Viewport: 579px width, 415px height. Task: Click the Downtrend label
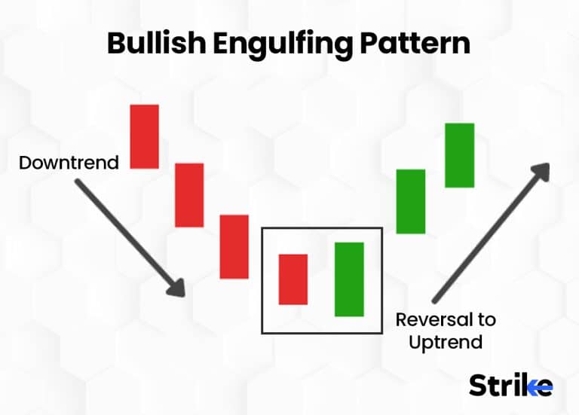pyautogui.click(x=69, y=163)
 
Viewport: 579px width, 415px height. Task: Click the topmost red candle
pyautogui.click(x=144, y=136)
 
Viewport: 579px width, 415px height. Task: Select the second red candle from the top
pyautogui.click(x=189, y=195)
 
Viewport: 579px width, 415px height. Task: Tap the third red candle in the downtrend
pyautogui.click(x=234, y=246)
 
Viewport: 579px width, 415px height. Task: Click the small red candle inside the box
pyautogui.click(x=293, y=279)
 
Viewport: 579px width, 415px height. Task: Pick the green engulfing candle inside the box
pyautogui.click(x=349, y=279)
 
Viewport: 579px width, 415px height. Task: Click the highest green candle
pyautogui.click(x=459, y=155)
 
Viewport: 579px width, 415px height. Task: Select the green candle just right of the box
pyautogui.click(x=411, y=201)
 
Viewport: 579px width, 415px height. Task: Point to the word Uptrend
pyautogui.click(x=446, y=342)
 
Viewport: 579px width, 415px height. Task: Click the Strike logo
pyautogui.click(x=510, y=385)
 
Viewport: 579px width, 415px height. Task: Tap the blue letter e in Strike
pyautogui.click(x=542, y=386)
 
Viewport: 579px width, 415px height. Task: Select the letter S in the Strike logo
pyautogui.click(x=478, y=385)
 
